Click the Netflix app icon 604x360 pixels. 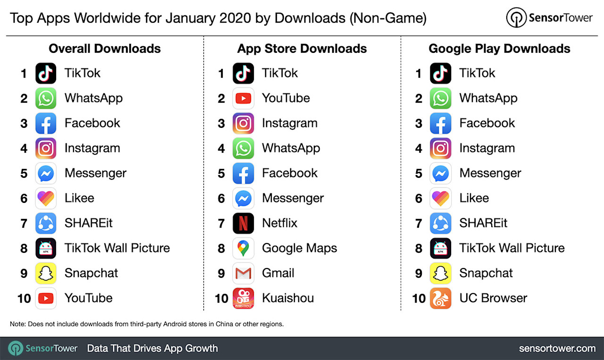[243, 223]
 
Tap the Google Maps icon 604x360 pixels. [243, 248]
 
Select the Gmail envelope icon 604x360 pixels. [243, 273]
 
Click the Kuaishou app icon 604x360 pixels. [243, 298]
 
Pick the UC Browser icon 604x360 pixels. [440, 298]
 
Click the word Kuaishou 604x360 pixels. [288, 298]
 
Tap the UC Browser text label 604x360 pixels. [493, 298]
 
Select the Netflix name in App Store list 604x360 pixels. [280, 223]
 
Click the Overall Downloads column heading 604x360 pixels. [105, 49]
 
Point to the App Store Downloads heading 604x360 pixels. [302, 49]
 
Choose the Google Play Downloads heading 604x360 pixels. [499, 49]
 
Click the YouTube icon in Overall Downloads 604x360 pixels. [46, 298]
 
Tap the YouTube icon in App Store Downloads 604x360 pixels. [243, 98]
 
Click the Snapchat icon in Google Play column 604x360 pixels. [440, 273]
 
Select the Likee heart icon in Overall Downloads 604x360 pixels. [46, 198]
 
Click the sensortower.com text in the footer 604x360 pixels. [557, 349]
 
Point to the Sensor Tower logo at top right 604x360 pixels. [549, 18]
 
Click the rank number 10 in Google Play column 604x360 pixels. [419, 299]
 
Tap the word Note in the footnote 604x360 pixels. [17, 324]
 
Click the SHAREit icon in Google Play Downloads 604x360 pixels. [440, 223]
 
